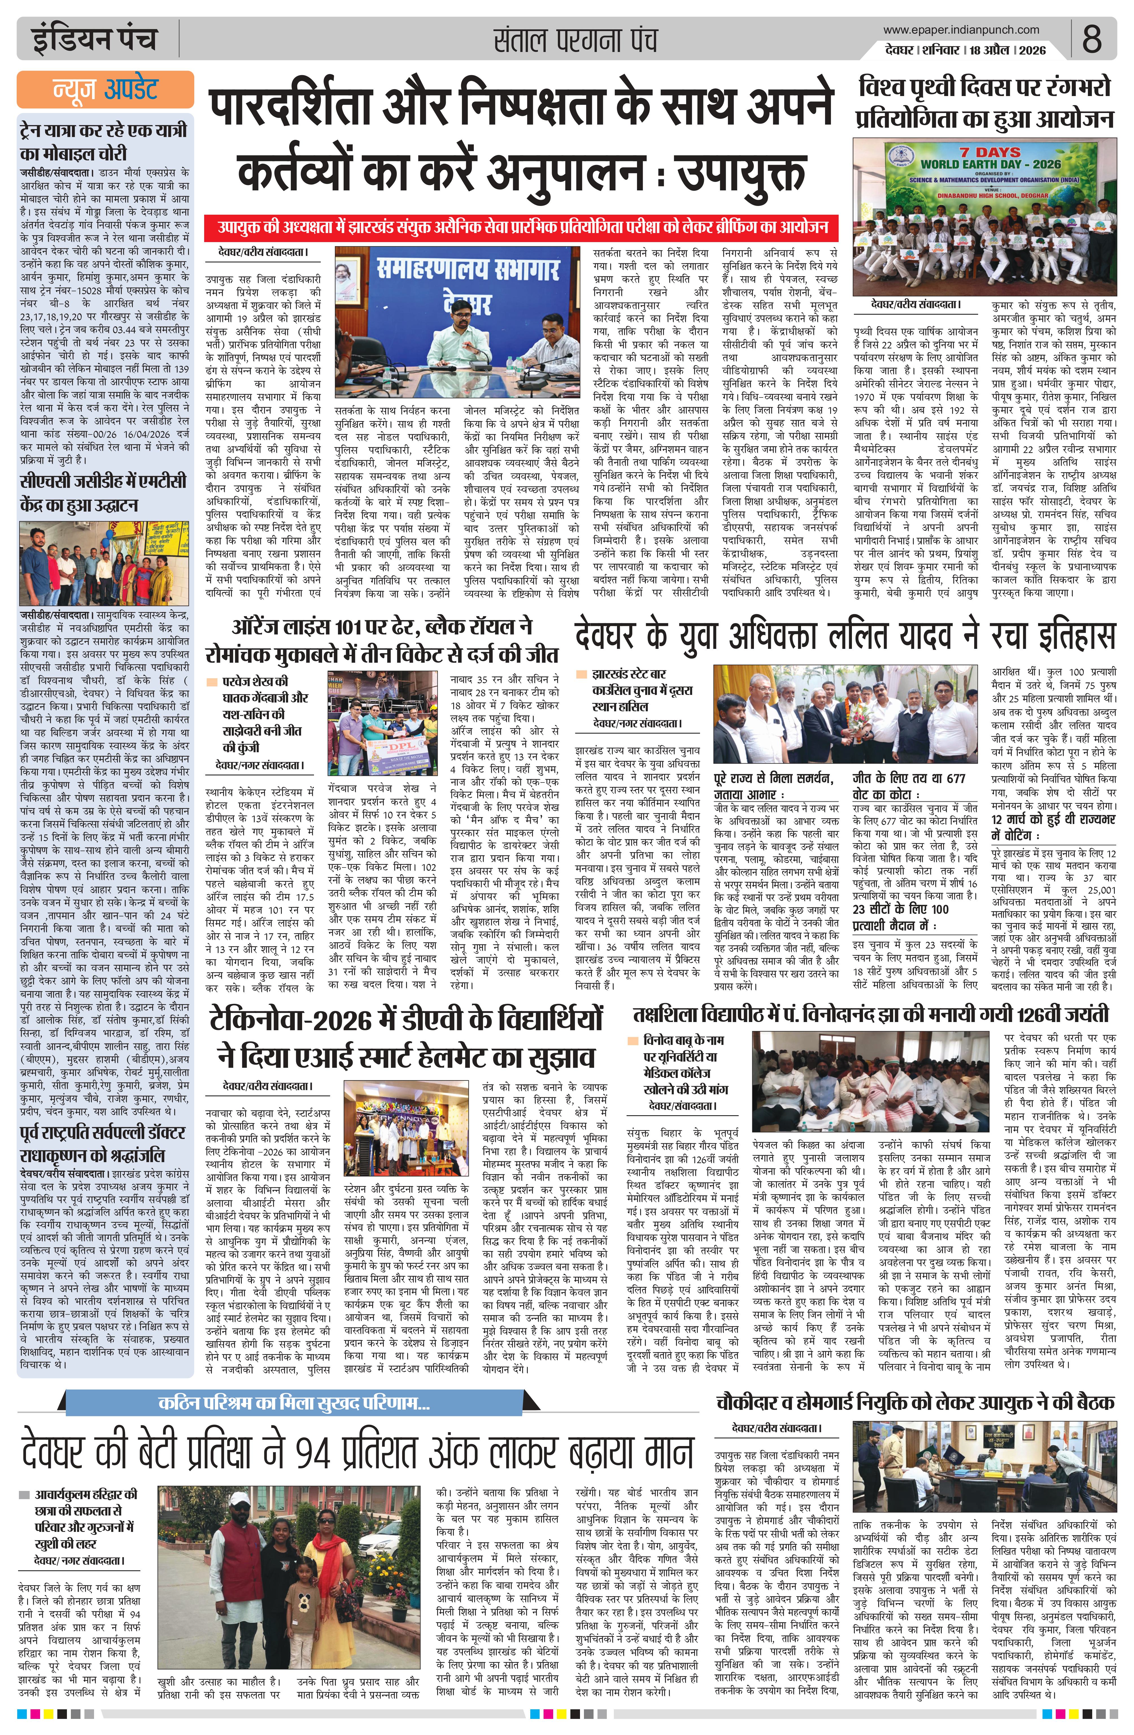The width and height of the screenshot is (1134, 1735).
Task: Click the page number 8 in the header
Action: (x=1091, y=39)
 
